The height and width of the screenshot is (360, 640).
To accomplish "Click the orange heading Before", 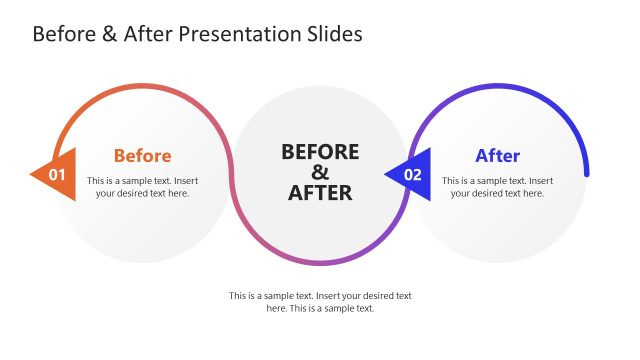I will click(x=142, y=156).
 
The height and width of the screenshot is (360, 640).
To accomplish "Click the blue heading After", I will click(x=497, y=156).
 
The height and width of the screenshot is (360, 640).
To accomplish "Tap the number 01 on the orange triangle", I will click(x=57, y=175).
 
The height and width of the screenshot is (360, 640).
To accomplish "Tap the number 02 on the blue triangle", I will click(x=412, y=175).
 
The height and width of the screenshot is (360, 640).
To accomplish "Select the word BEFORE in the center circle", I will click(x=320, y=151).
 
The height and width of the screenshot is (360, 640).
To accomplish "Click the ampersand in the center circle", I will click(x=320, y=172).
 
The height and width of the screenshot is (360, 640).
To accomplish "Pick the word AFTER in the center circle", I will click(x=320, y=193).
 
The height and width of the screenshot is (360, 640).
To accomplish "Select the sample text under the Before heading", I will click(x=142, y=187).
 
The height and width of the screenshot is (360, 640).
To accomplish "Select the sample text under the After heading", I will click(x=497, y=187).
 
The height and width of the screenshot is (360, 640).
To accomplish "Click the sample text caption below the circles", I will click(x=320, y=302).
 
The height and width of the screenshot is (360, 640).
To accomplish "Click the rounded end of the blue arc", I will click(x=586, y=172).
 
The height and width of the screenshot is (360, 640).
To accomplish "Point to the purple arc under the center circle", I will click(x=320, y=263).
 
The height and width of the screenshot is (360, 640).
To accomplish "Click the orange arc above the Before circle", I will click(x=140, y=87).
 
